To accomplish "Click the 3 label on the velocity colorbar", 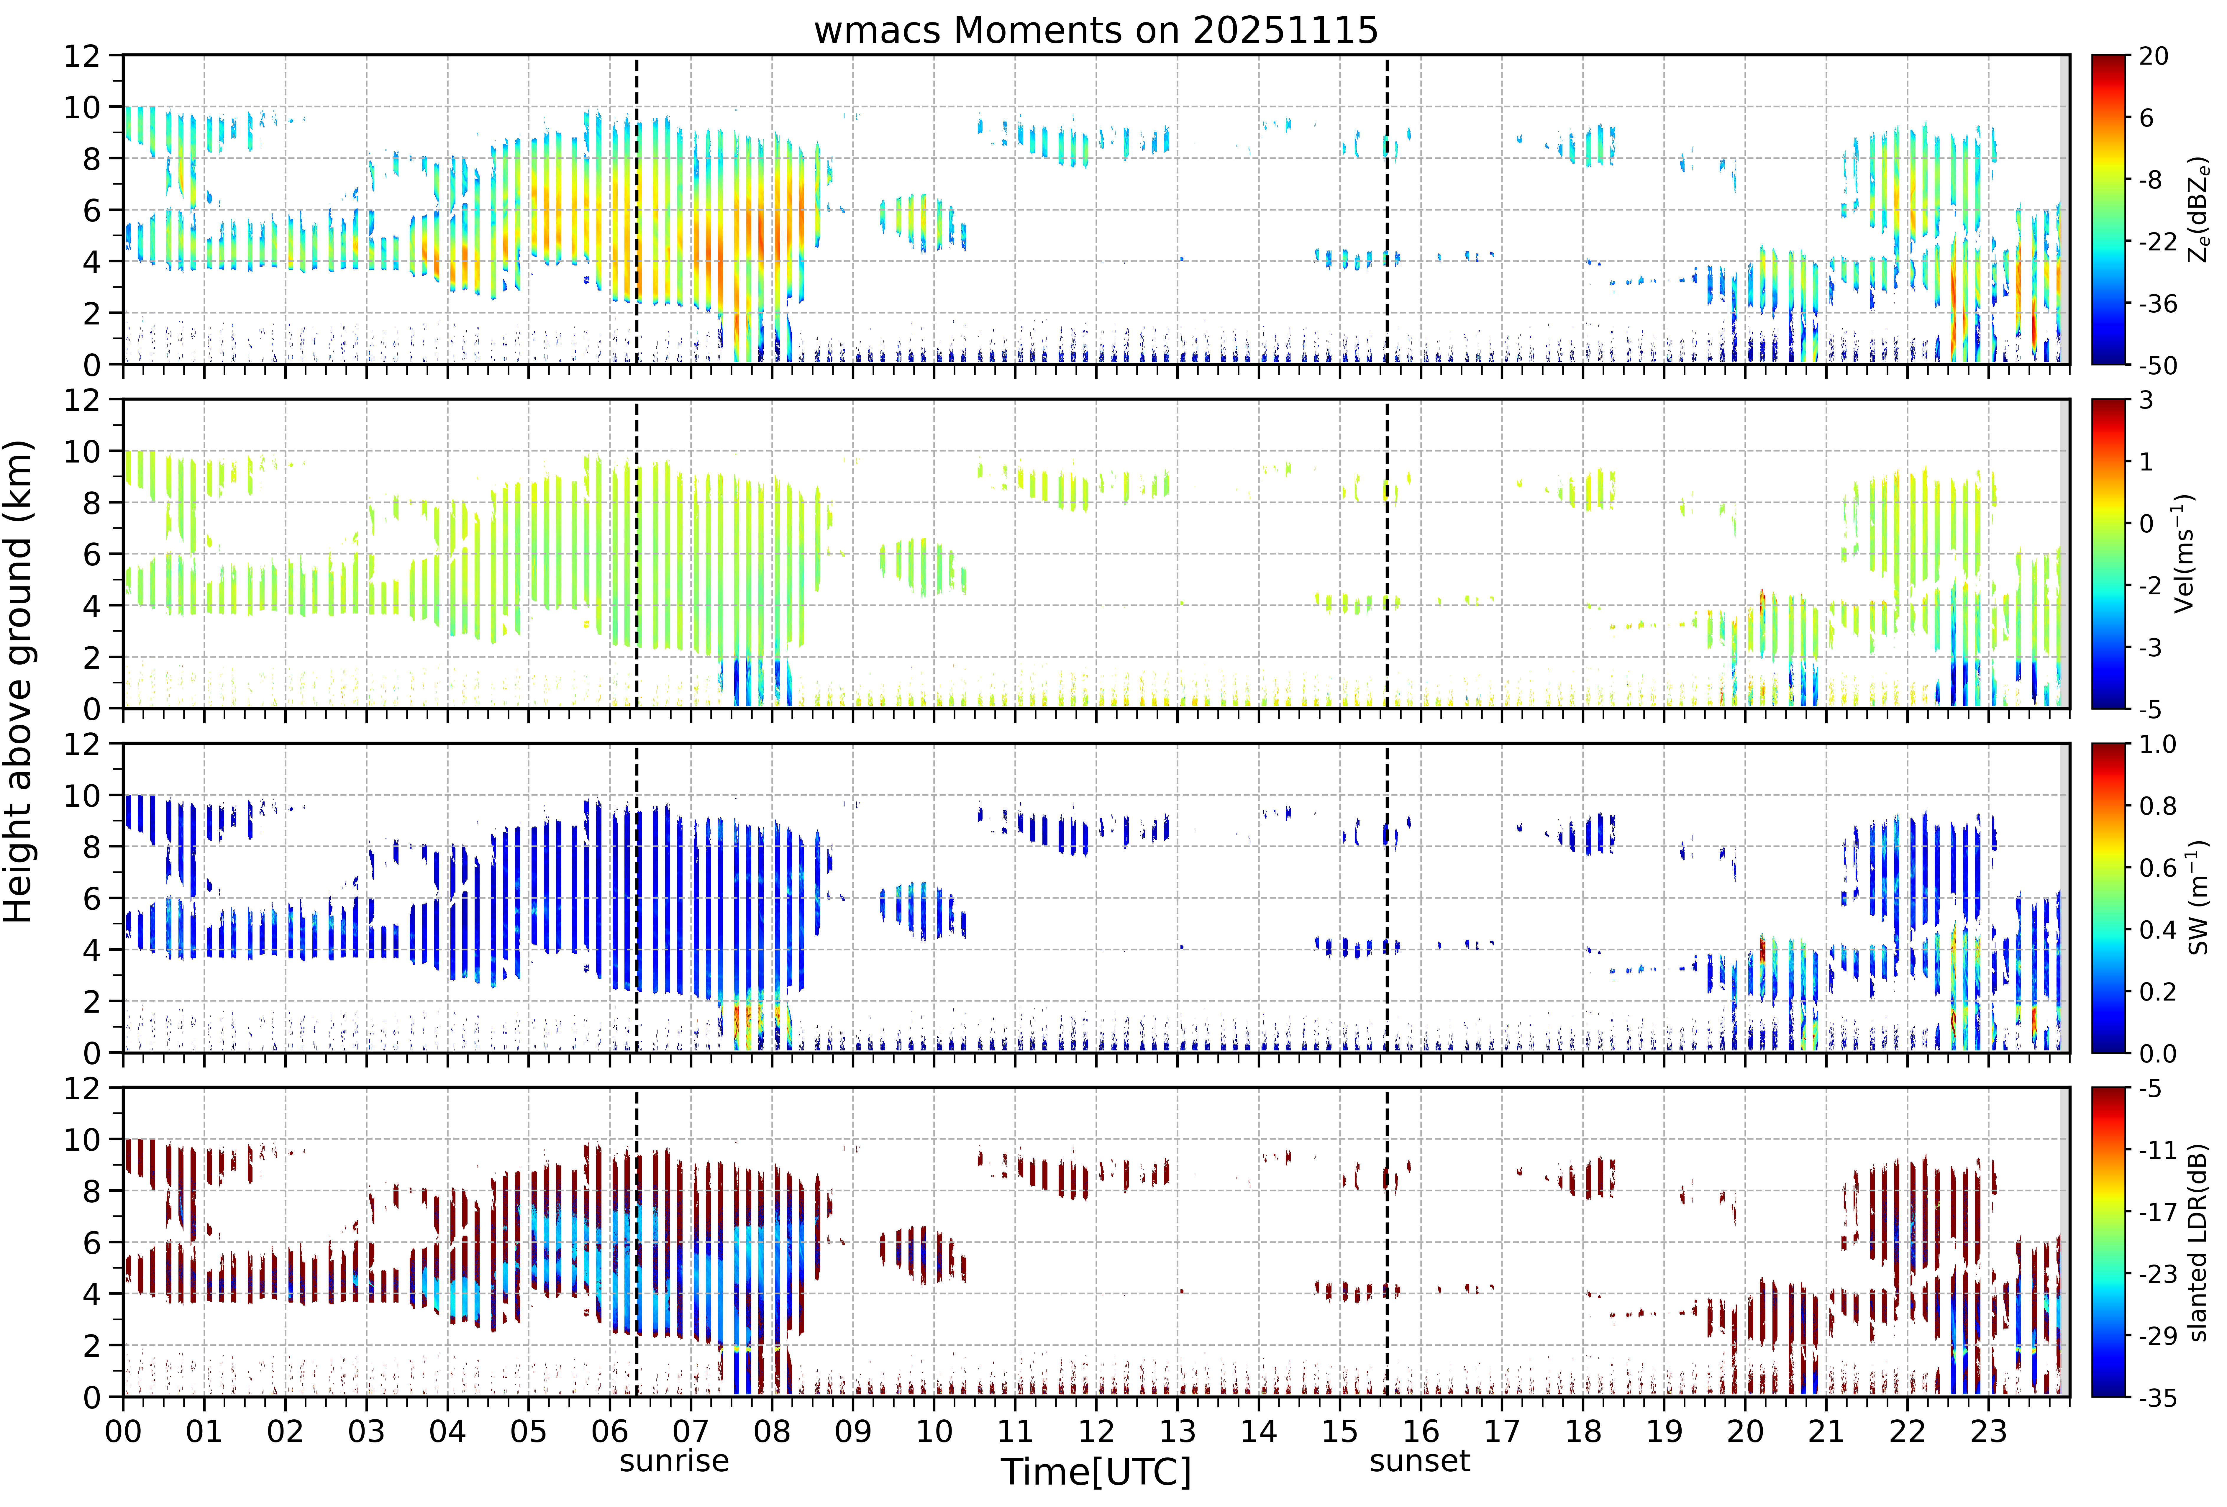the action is (x=2146, y=401).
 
